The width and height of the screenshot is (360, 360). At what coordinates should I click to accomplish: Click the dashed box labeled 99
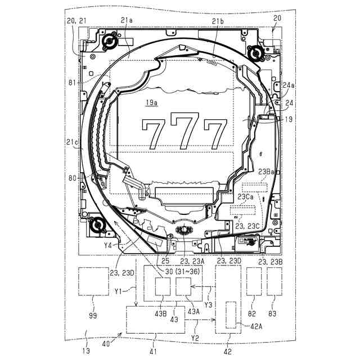click(x=93, y=281)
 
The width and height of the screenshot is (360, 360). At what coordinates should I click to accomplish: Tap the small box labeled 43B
click(x=163, y=289)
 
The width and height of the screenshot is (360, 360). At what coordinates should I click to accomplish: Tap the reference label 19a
click(x=151, y=102)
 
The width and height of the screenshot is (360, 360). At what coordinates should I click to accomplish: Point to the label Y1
click(x=118, y=291)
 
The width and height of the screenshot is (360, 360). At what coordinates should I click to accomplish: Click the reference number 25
click(x=165, y=261)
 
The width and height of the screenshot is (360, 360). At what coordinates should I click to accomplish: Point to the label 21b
click(x=218, y=21)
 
